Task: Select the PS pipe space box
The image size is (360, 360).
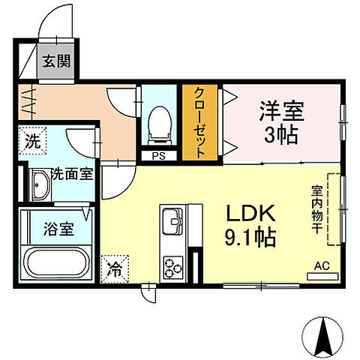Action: click(x=158, y=156)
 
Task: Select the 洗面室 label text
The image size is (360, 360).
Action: click(x=71, y=175)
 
